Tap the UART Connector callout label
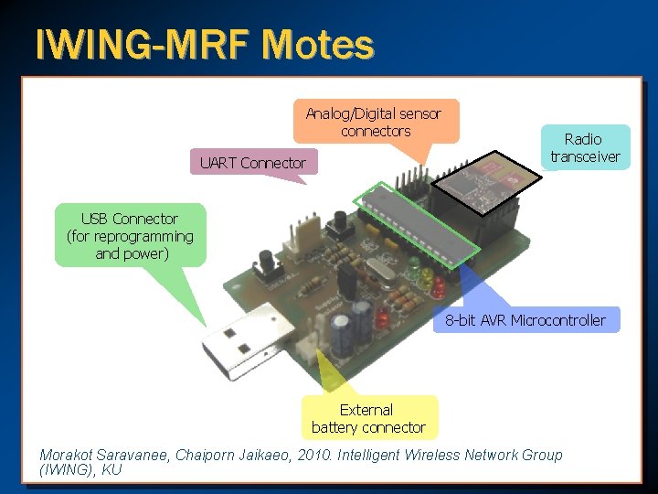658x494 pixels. point(253,163)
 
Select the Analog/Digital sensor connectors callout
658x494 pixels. point(374,123)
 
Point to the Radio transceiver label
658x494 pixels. point(584,147)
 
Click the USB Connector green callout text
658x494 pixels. point(131,236)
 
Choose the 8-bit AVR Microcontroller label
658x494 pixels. point(525,319)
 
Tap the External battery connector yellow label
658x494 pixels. point(368,418)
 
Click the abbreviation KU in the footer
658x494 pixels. point(111,470)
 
